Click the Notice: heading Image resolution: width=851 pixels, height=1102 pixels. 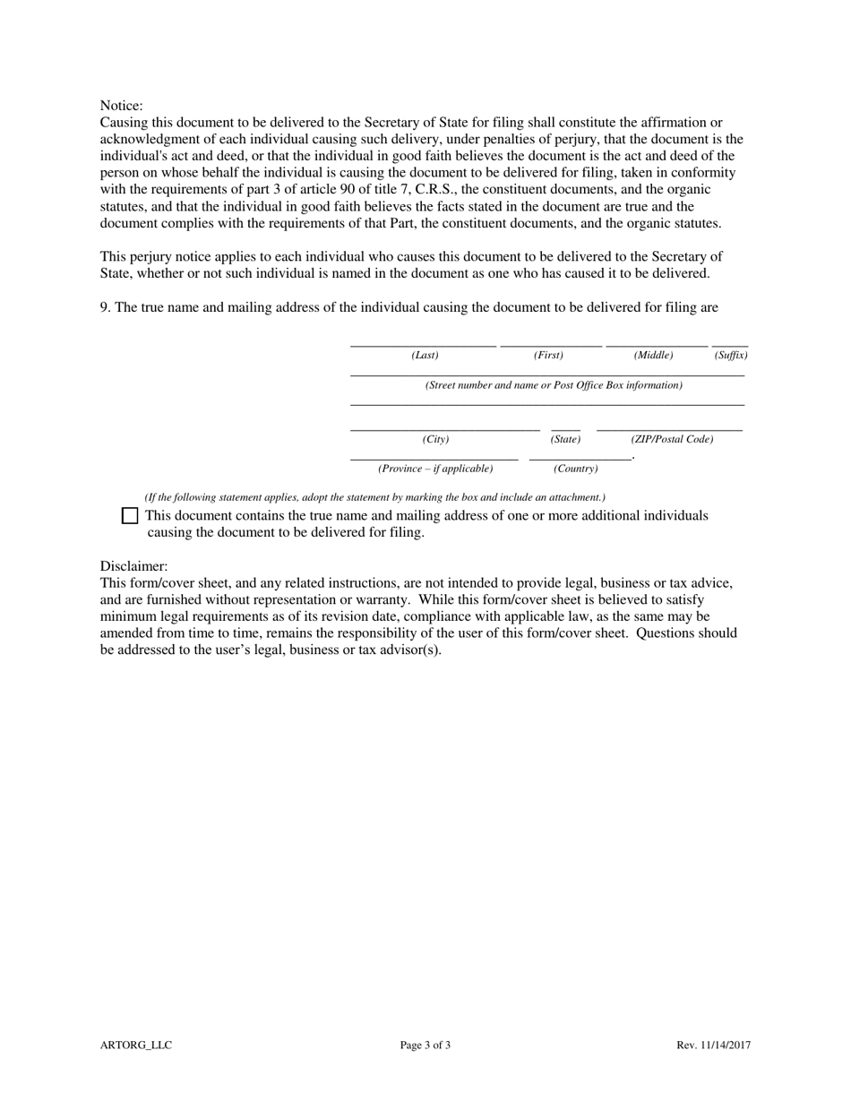click(x=121, y=106)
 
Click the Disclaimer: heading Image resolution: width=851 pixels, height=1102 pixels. click(x=133, y=566)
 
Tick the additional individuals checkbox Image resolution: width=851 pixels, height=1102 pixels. click(x=130, y=516)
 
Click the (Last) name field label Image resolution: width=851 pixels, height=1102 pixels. click(x=425, y=356)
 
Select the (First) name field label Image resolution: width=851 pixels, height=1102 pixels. click(x=548, y=356)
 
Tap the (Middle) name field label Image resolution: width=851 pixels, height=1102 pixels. click(x=653, y=356)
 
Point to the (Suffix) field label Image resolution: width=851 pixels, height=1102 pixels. click(x=730, y=356)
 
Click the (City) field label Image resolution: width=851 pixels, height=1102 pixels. click(x=435, y=440)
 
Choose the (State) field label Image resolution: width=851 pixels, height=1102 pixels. click(x=565, y=440)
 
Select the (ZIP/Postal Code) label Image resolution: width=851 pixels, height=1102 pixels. click(x=672, y=440)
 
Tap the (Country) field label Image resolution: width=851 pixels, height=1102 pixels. click(x=575, y=469)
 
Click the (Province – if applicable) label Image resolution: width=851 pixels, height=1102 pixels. click(x=435, y=469)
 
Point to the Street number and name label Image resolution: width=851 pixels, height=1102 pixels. click(x=554, y=385)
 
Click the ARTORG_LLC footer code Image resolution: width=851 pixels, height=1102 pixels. click(x=136, y=1045)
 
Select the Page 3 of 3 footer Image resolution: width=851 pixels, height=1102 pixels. click(x=425, y=1045)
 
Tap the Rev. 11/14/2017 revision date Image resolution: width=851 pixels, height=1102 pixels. click(x=714, y=1045)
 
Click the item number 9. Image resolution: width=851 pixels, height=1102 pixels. click(x=105, y=307)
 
